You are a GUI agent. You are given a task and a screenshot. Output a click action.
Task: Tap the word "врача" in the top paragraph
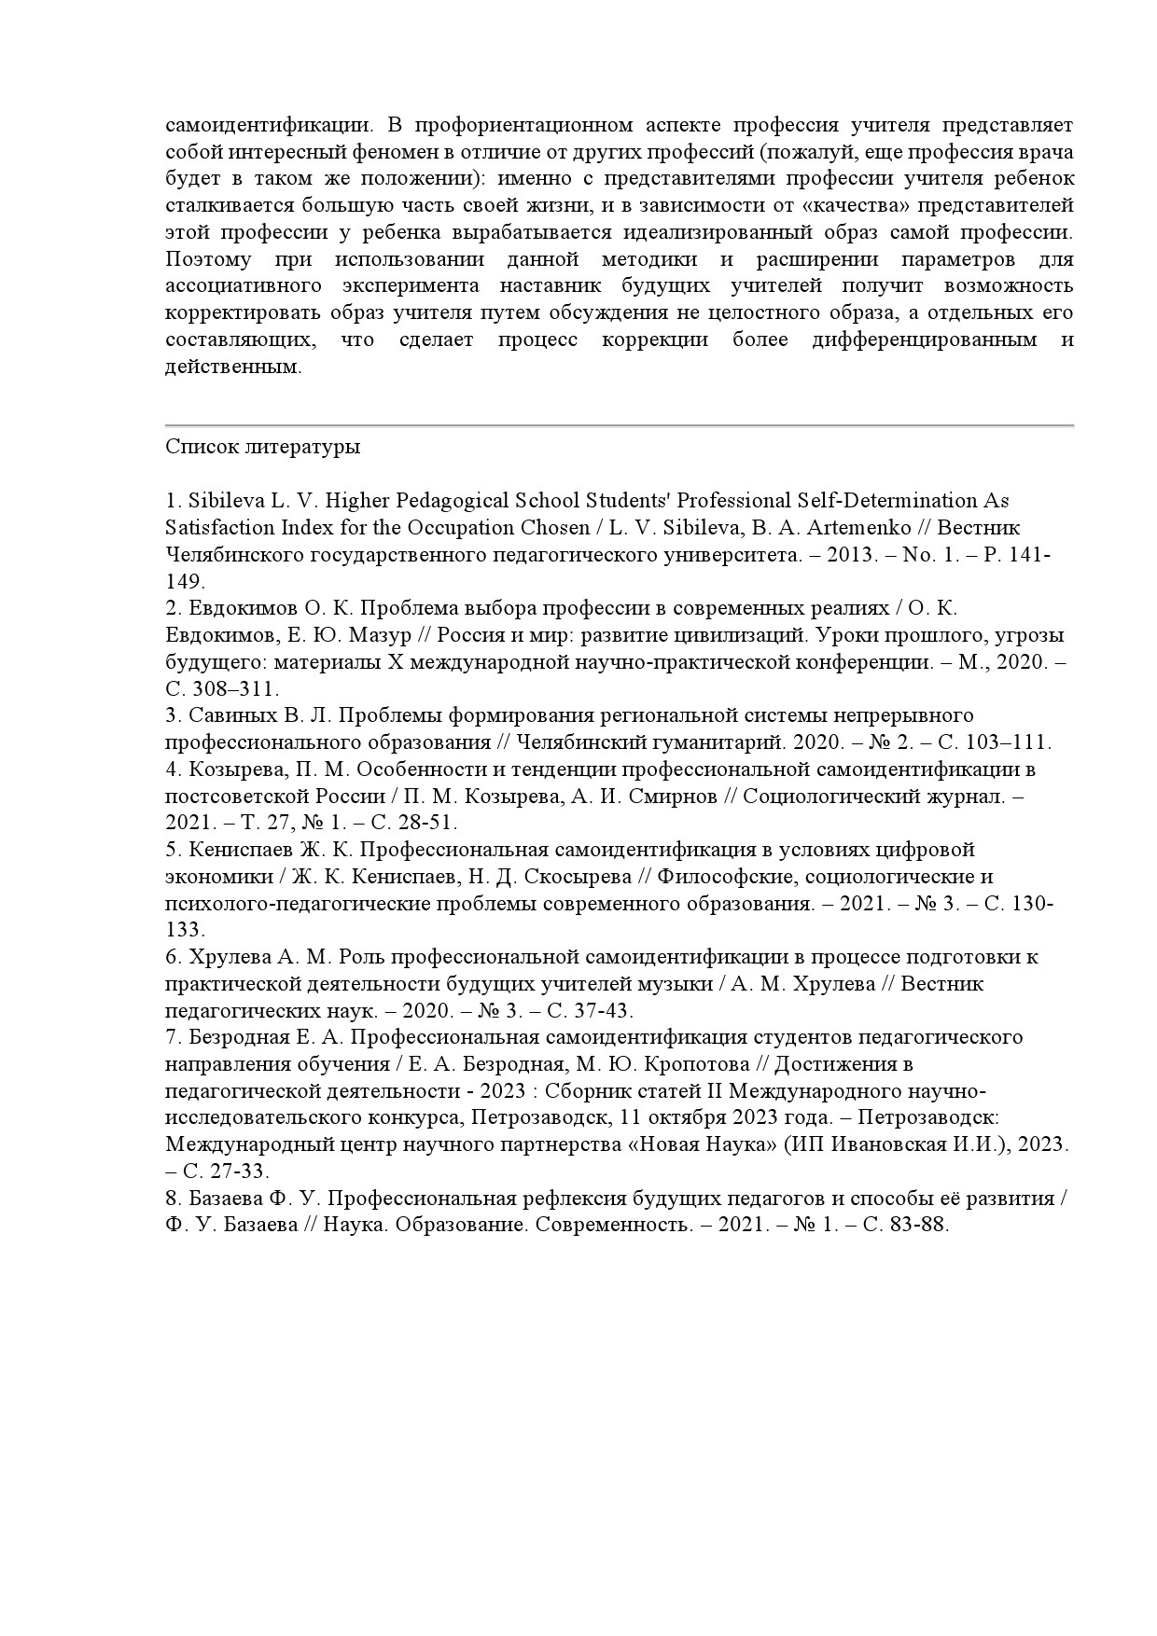point(1047,151)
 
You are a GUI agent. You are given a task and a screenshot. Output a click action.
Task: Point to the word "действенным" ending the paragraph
point(232,367)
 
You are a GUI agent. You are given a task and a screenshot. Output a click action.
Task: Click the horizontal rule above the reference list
point(620,425)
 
